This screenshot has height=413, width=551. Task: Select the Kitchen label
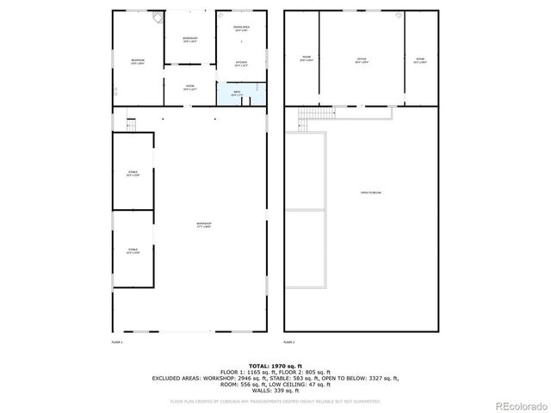tap(241, 65)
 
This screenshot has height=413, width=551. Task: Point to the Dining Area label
tap(241, 29)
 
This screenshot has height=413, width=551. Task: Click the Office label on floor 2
tap(362, 60)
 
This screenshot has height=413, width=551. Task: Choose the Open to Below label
tap(370, 192)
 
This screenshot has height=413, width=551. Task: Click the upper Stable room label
tap(133, 174)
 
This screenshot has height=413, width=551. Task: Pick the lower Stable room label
tap(133, 250)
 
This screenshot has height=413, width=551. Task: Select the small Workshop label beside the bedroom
tap(190, 40)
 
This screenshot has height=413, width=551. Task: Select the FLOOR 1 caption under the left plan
tap(117, 342)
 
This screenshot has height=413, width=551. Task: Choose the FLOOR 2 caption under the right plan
tap(289, 342)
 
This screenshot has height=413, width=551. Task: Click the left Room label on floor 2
tap(306, 59)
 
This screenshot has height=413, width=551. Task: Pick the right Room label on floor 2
tap(420, 61)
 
